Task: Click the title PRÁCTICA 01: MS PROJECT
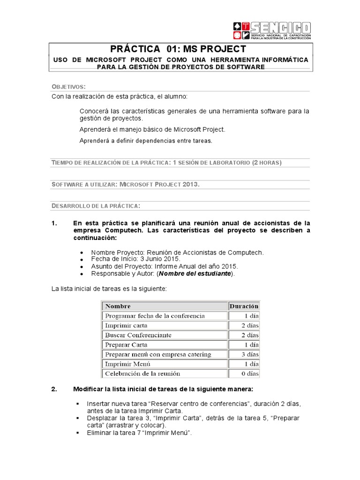pyautogui.click(x=178, y=49)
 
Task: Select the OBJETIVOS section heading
pyautogui.click(x=68, y=87)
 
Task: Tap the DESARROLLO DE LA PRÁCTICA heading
pyautogui.click(x=95, y=206)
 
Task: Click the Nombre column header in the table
pyautogui.click(x=118, y=306)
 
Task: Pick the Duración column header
pyautogui.click(x=244, y=306)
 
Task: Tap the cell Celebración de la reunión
pyautogui.click(x=142, y=374)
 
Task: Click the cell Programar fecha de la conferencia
pyautogui.click(x=155, y=316)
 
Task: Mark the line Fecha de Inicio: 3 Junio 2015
pyautogui.click(x=135, y=259)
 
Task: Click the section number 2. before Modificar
pyautogui.click(x=54, y=390)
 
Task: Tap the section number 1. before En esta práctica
pyautogui.click(x=54, y=223)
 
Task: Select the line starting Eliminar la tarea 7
pyautogui.click(x=139, y=433)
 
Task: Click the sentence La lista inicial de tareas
pyautogui.click(x=109, y=289)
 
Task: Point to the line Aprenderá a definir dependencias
pyautogui.click(x=146, y=141)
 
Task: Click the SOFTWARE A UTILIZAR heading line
pyautogui.click(x=125, y=184)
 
